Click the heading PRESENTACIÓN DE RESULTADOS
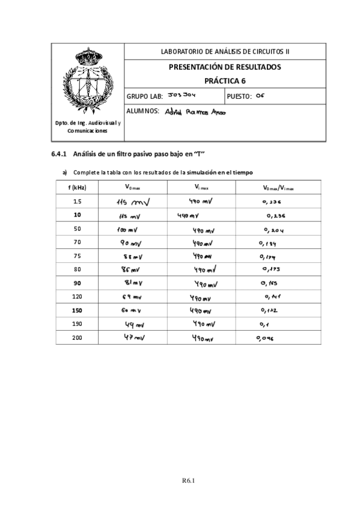coord(225,67)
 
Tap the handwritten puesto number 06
coord(260,95)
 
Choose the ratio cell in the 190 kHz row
coord(266,325)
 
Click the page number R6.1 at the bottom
coord(190,480)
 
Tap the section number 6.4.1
coord(61,155)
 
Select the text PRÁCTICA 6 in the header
coord(225,81)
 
